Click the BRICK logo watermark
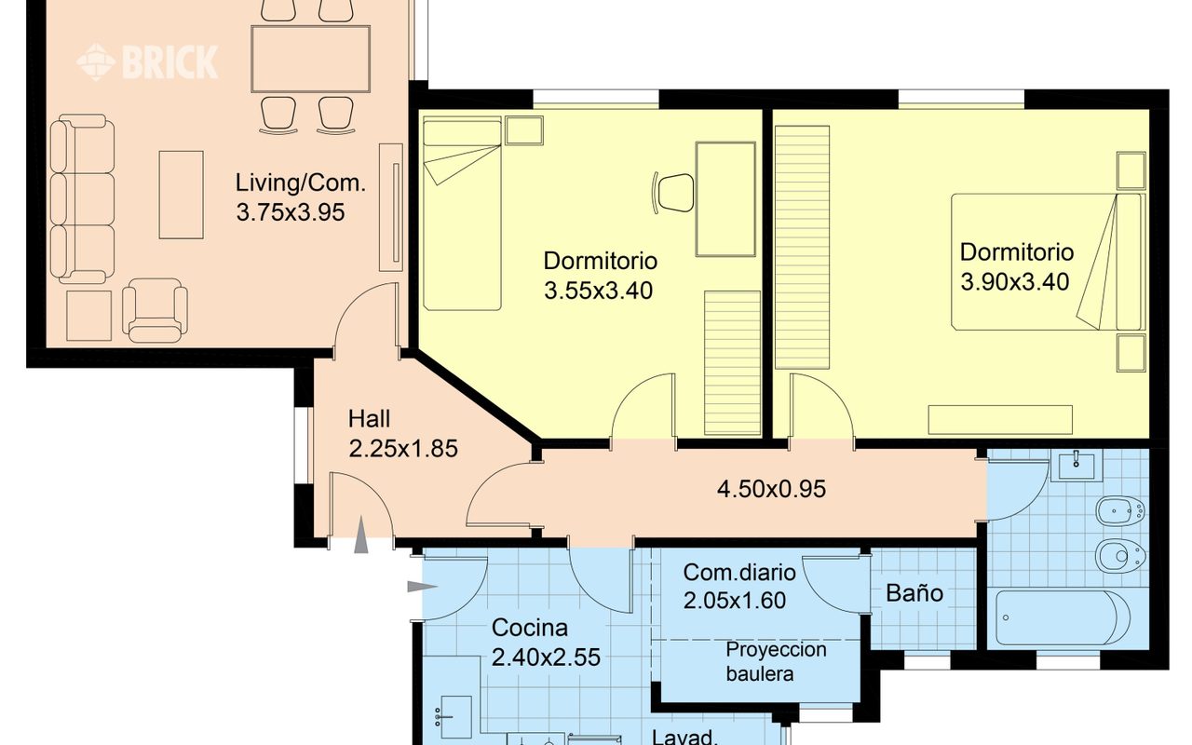[x=147, y=62]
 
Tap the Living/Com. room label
[x=301, y=183]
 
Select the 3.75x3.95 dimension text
[x=291, y=212]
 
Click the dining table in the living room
[x=311, y=59]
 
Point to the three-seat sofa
[x=83, y=198]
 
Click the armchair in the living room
[x=155, y=310]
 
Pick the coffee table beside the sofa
[x=181, y=195]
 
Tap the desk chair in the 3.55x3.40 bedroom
[x=673, y=193]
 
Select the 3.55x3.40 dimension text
[x=598, y=291]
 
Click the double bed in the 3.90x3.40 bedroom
[x=1049, y=262]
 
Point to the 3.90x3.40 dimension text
[x=1015, y=281]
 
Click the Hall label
[x=369, y=419]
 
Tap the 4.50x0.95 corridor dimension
[x=772, y=489]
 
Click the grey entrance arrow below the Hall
[x=361, y=535]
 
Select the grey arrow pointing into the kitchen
[x=423, y=587]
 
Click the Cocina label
[x=530, y=628]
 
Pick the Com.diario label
[x=739, y=573]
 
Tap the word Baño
[x=914, y=593]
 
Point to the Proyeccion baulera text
[x=776, y=661]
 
